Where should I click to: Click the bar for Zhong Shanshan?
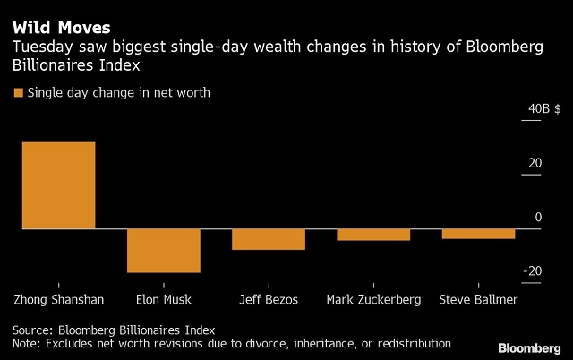tap(58, 185)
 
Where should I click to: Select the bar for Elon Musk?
tap(163, 251)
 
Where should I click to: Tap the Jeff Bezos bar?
tap(268, 239)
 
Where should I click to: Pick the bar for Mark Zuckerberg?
tap(373, 235)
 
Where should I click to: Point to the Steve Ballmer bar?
tap(478, 234)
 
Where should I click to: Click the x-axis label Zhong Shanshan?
tap(59, 299)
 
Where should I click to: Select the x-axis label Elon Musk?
tap(163, 299)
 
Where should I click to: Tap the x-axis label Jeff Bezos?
tap(269, 299)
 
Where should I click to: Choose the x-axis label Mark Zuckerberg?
tap(373, 299)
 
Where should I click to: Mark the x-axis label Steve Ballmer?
tap(479, 299)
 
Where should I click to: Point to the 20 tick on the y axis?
tap(535, 163)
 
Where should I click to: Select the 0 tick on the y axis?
tap(538, 218)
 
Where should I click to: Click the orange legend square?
tap(17, 92)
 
